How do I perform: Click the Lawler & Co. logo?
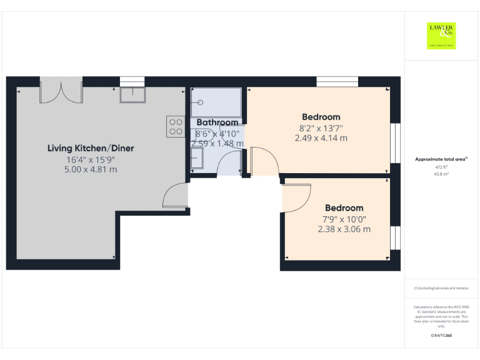[x=441, y=36]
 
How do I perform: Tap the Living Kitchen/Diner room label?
[x=91, y=148]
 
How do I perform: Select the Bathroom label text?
[x=217, y=122]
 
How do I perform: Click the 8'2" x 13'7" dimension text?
[x=321, y=128]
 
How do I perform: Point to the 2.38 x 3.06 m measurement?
[x=344, y=229]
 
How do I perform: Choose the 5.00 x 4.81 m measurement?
[x=91, y=169]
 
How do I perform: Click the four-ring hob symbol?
[x=176, y=127]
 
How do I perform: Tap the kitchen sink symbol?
[x=132, y=94]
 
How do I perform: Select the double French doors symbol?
[x=61, y=89]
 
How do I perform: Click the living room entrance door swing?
[x=176, y=196]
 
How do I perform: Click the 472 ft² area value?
[x=442, y=167]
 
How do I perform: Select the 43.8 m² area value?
[x=442, y=174]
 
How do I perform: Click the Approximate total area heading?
[x=441, y=160]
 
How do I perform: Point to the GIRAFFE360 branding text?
[x=441, y=336]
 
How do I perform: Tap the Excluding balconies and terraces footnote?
[x=441, y=288]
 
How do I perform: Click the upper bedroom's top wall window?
[x=337, y=81]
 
